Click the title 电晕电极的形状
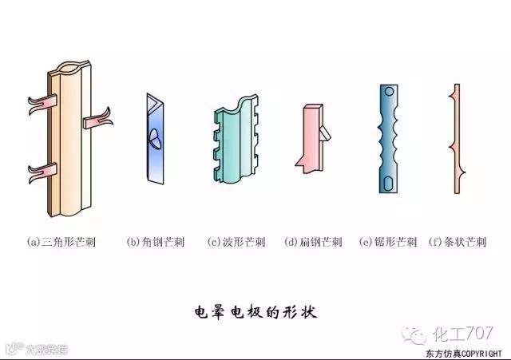[255, 311]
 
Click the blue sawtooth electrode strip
[389, 140]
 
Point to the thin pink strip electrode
[456, 140]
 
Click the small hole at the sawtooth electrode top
[389, 92]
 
